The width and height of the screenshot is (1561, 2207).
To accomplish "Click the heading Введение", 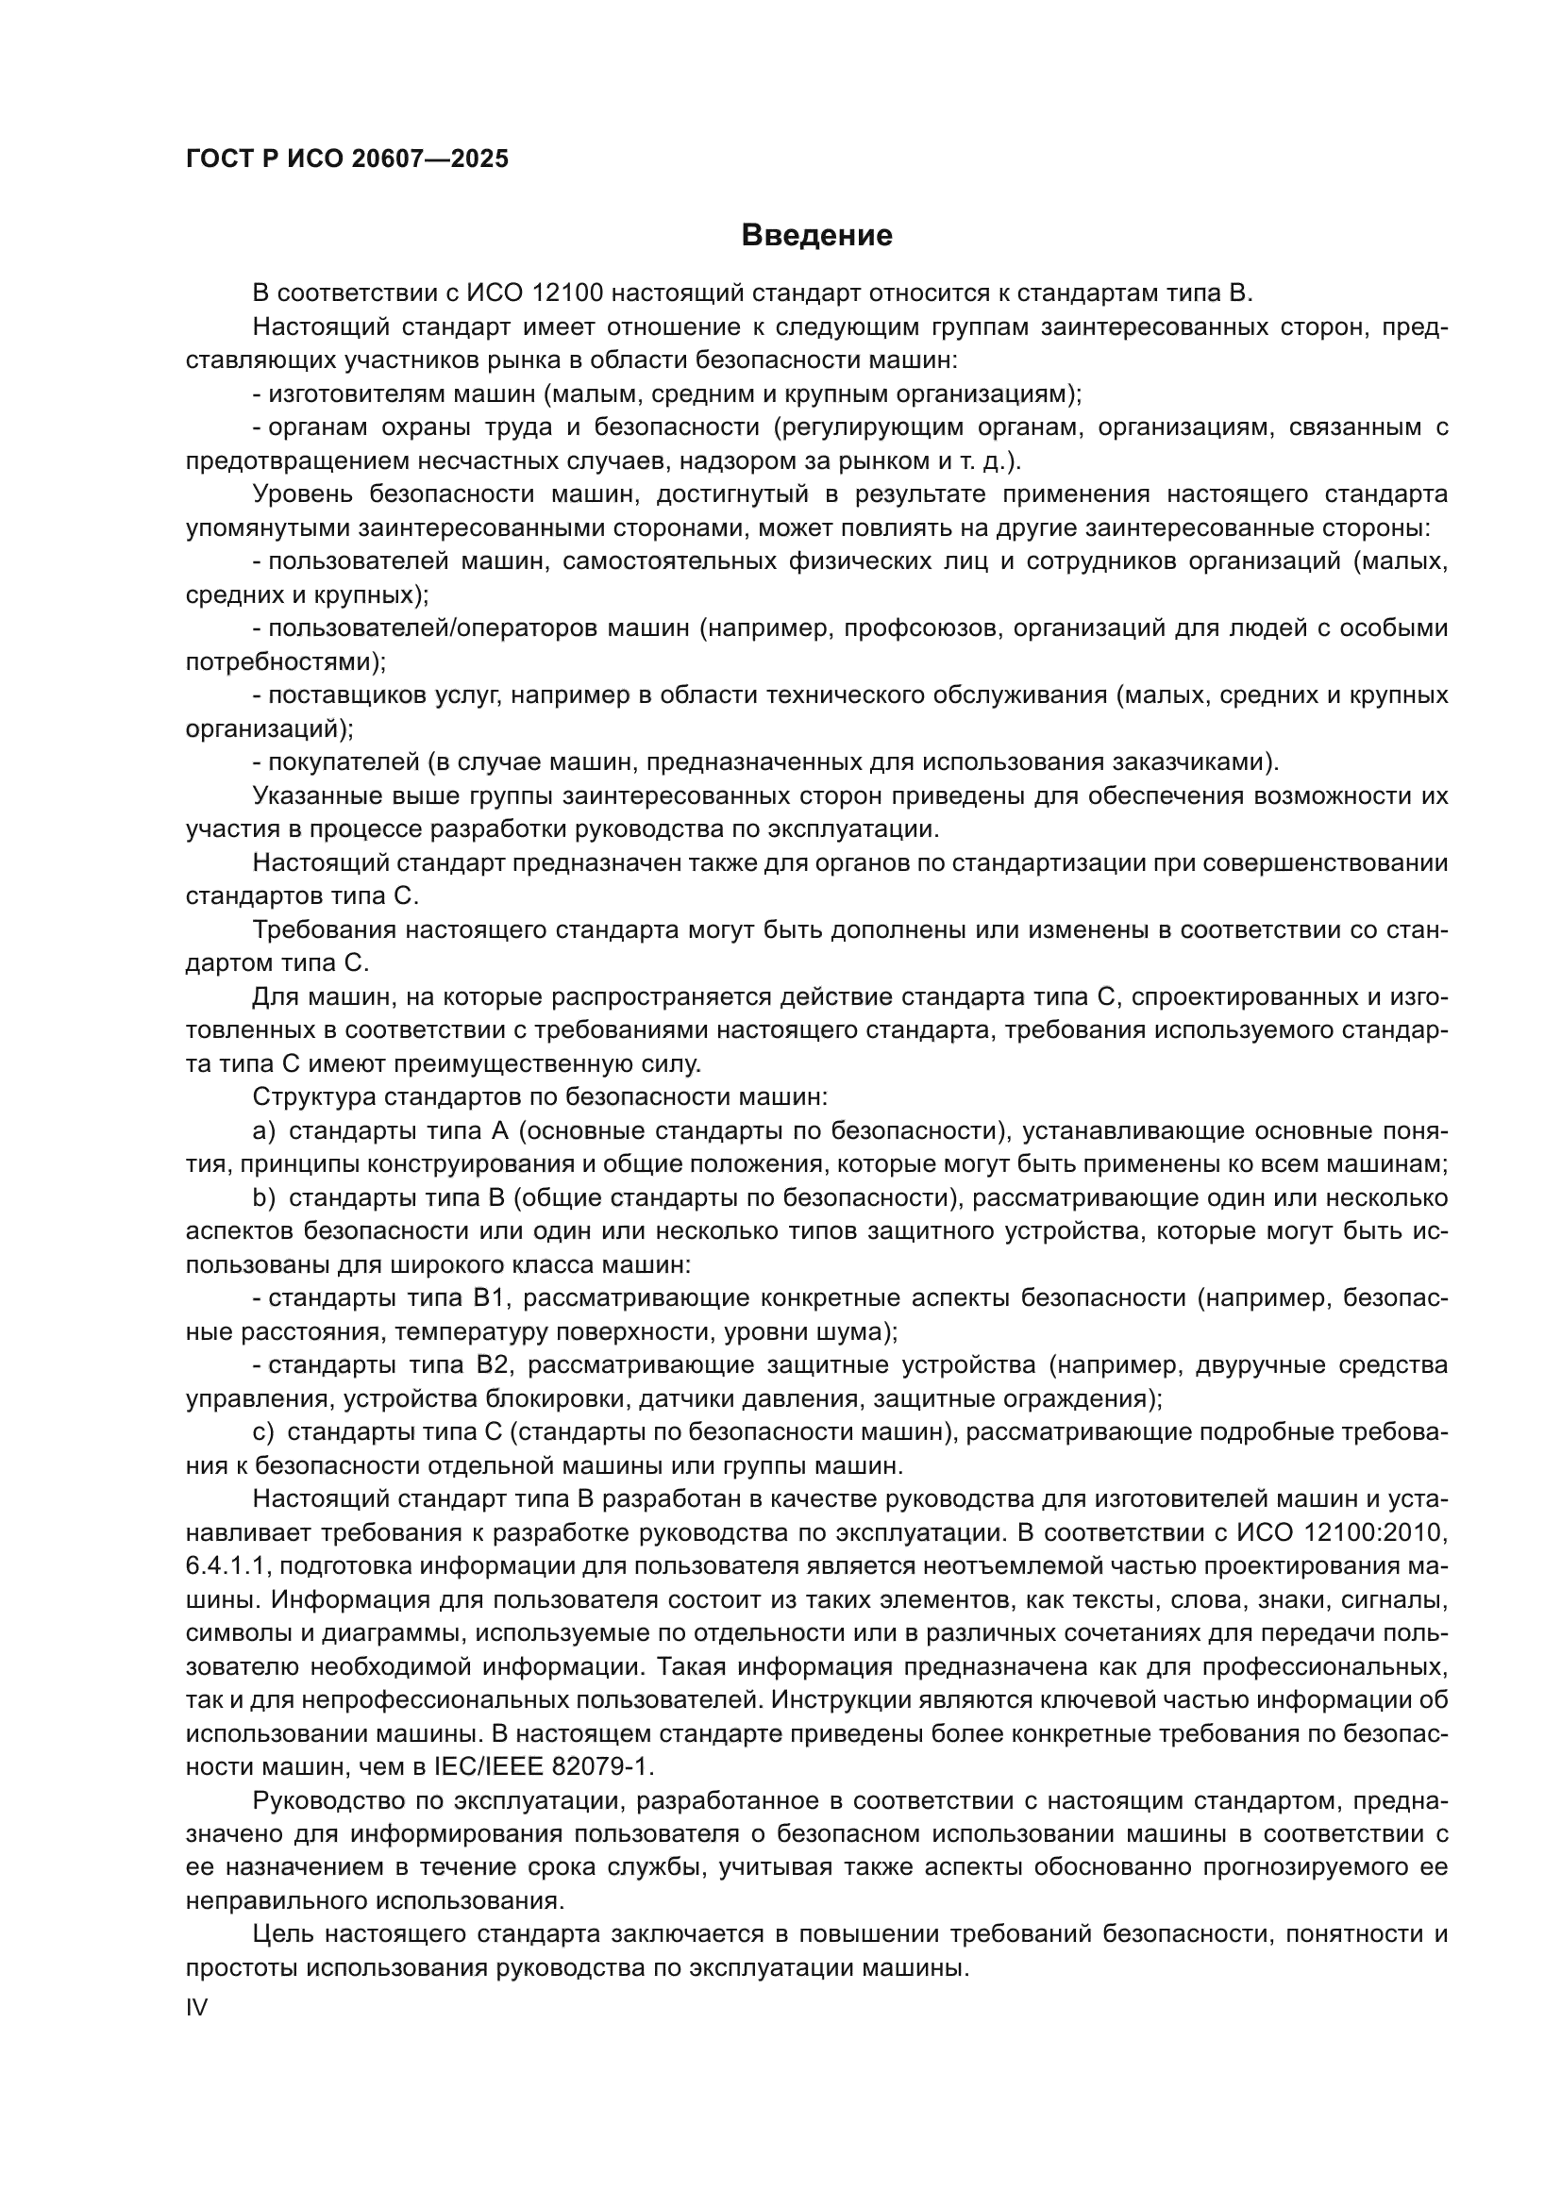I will click(x=816, y=236).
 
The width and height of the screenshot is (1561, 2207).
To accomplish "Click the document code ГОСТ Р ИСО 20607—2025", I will click(x=347, y=159).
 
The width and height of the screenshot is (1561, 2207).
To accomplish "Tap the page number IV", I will click(x=196, y=2007).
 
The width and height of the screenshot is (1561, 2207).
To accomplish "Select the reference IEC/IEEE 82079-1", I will click(x=543, y=1766).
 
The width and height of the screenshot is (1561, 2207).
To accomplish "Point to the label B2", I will click(x=492, y=1365).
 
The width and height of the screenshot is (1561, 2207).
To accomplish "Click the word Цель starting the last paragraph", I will click(x=281, y=1934).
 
